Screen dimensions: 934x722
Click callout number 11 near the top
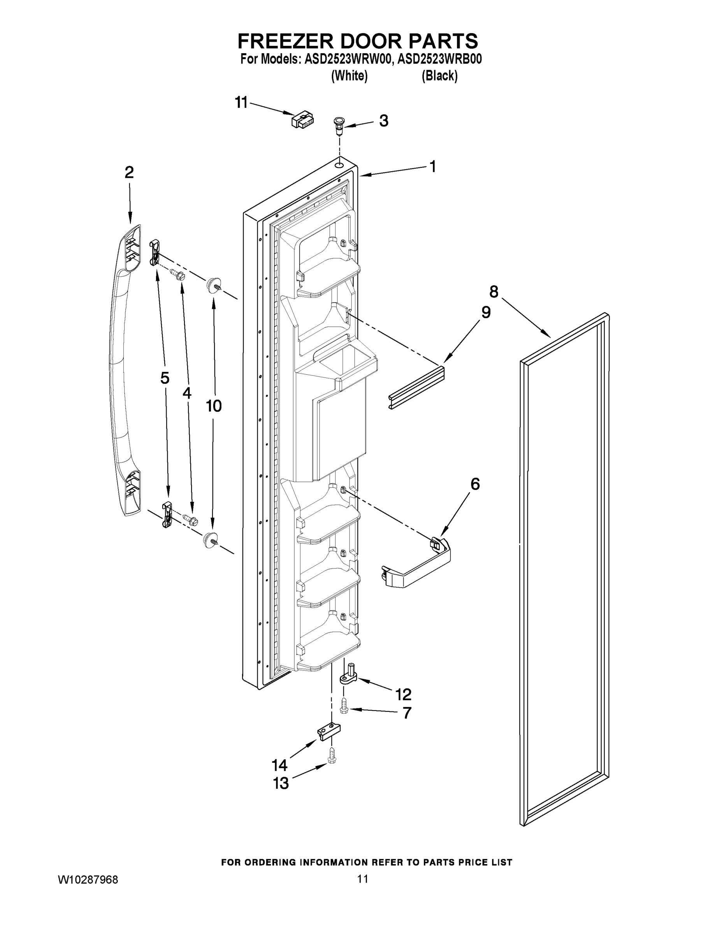(241, 103)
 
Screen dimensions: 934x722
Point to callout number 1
(432, 166)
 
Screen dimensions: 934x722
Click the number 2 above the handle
(129, 172)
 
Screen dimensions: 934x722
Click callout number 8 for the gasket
(494, 291)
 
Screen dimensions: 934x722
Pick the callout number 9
(486, 312)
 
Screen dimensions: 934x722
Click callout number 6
(475, 484)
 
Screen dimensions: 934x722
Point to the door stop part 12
(349, 675)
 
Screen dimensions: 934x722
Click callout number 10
(214, 406)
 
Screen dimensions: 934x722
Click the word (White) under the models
(350, 76)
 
